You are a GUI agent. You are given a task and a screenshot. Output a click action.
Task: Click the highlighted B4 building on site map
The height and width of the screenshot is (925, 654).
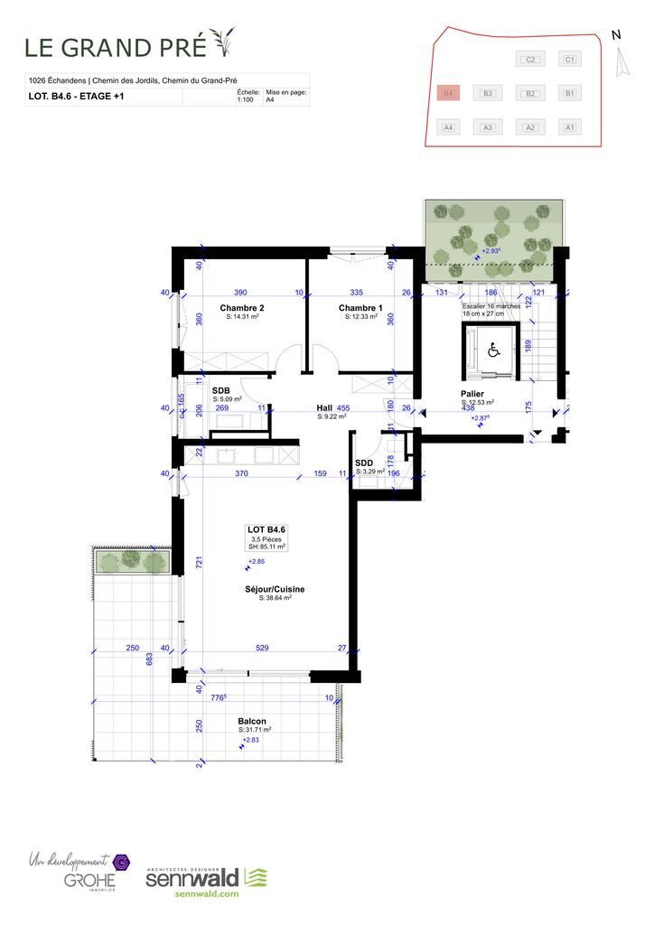pos(447,93)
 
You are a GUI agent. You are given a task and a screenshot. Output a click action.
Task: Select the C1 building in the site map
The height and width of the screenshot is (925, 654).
pos(569,60)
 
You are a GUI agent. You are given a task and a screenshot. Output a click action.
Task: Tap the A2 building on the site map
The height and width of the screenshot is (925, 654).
pos(531,127)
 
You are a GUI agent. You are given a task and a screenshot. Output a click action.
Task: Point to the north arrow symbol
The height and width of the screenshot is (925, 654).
pos(619,61)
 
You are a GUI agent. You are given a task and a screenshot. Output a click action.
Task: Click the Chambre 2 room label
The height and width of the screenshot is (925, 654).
pos(241,308)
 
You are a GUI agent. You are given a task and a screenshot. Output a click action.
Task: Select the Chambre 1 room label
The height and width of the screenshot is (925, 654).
pos(360,308)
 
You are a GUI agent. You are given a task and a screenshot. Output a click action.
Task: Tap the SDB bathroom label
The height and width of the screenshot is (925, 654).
pos(221,390)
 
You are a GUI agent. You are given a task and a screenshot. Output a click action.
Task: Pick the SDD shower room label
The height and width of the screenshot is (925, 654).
pos(364,462)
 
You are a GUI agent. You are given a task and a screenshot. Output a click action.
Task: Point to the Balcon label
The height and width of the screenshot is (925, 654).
pos(251,721)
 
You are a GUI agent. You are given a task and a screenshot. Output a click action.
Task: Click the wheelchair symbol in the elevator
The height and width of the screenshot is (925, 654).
pos(493,350)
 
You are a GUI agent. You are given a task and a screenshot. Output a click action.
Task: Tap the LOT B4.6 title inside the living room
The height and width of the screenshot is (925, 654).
pos(266,529)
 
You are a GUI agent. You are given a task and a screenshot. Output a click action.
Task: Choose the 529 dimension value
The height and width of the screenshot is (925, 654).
pos(262,648)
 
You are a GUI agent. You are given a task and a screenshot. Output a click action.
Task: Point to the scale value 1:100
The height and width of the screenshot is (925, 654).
pos(244,100)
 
